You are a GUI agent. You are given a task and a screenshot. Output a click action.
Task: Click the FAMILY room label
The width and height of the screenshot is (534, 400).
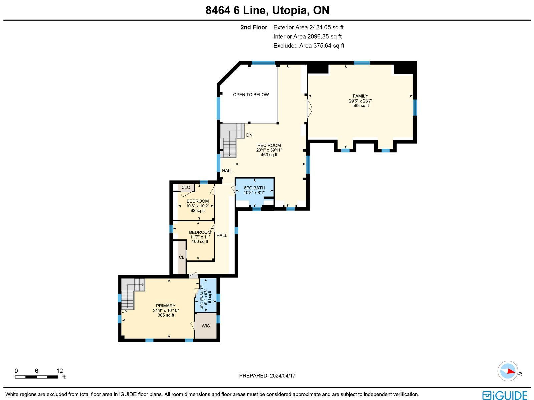coord(360,96)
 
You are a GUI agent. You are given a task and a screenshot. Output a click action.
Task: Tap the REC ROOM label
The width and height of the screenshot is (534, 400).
coord(269,145)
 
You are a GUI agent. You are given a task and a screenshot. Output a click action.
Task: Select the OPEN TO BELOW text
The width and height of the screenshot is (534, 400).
coord(251,95)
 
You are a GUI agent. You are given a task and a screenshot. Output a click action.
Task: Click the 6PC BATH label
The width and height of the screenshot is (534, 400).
coord(254,188)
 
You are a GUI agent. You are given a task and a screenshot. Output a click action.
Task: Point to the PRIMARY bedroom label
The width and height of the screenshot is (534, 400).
coord(166,306)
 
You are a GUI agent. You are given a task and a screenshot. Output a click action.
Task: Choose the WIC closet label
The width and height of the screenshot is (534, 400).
coord(206,326)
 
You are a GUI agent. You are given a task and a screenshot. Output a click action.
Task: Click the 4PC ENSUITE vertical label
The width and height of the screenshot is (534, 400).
coord(202,297)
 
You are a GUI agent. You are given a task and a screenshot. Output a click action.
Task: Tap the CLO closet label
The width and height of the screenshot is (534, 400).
coord(186,187)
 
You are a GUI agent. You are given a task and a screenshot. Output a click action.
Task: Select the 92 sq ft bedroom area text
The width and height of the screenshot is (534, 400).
coord(198,210)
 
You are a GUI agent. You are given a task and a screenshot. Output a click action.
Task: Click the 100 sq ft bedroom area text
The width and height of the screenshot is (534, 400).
coord(200,242)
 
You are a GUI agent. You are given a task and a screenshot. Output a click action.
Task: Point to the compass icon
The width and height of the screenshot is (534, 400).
coord(508,371)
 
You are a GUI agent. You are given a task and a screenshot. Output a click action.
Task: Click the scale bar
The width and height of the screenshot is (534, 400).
coord(36,377)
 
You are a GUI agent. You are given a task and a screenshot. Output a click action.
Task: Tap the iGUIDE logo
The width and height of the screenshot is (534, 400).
coord(505,395)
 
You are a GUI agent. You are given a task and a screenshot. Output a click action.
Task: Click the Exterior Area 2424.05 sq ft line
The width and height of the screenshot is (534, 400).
coord(308,27)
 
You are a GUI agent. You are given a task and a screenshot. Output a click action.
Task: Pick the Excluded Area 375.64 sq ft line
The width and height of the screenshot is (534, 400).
coord(309,46)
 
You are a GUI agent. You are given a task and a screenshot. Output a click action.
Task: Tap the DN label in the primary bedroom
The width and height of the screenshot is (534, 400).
coord(124,311)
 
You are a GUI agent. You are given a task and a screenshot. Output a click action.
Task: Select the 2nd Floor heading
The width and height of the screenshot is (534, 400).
coord(254,27)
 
